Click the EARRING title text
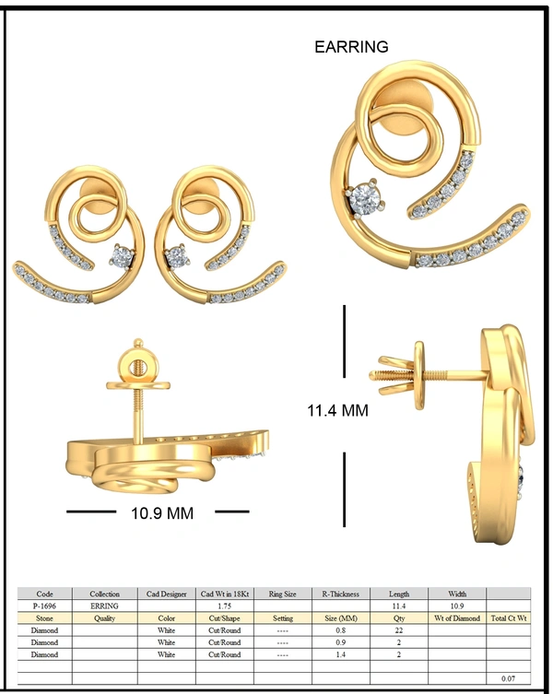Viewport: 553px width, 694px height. [351, 47]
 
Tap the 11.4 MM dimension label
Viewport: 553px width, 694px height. [338, 411]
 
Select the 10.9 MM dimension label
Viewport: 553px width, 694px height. [162, 513]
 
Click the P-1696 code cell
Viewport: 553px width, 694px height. [45, 606]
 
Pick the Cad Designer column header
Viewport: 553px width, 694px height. [167, 594]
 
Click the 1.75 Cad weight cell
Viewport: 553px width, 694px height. [225, 606]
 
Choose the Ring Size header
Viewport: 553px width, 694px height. [282, 594]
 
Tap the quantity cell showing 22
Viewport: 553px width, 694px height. [398, 630]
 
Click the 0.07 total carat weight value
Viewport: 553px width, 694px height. [508, 678]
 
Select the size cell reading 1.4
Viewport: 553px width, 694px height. [340, 654]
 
